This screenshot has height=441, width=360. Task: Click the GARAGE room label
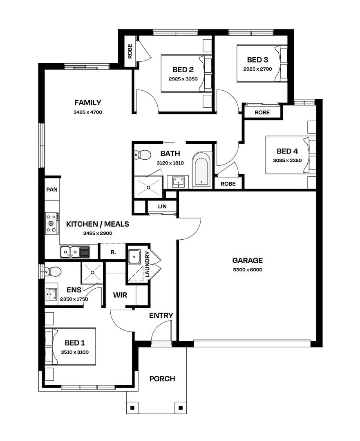click(247, 261)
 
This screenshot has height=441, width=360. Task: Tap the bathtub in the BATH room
click(201, 170)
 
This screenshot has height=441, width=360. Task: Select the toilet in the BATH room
click(143, 155)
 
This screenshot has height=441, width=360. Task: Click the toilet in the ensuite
click(52, 271)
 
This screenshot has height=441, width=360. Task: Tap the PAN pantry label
click(51, 189)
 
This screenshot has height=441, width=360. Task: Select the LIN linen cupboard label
click(162, 207)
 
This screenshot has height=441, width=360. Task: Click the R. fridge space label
click(113, 252)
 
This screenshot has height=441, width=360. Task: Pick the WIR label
click(119, 294)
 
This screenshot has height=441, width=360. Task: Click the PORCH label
click(162, 379)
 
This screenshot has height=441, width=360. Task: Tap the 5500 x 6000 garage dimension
click(247, 269)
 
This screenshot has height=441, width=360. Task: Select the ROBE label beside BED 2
click(130, 51)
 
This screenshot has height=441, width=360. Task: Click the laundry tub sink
click(134, 257)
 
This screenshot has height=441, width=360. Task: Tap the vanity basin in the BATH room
click(178, 181)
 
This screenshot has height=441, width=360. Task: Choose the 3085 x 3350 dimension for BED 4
click(287, 160)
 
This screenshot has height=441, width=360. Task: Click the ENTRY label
click(161, 316)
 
